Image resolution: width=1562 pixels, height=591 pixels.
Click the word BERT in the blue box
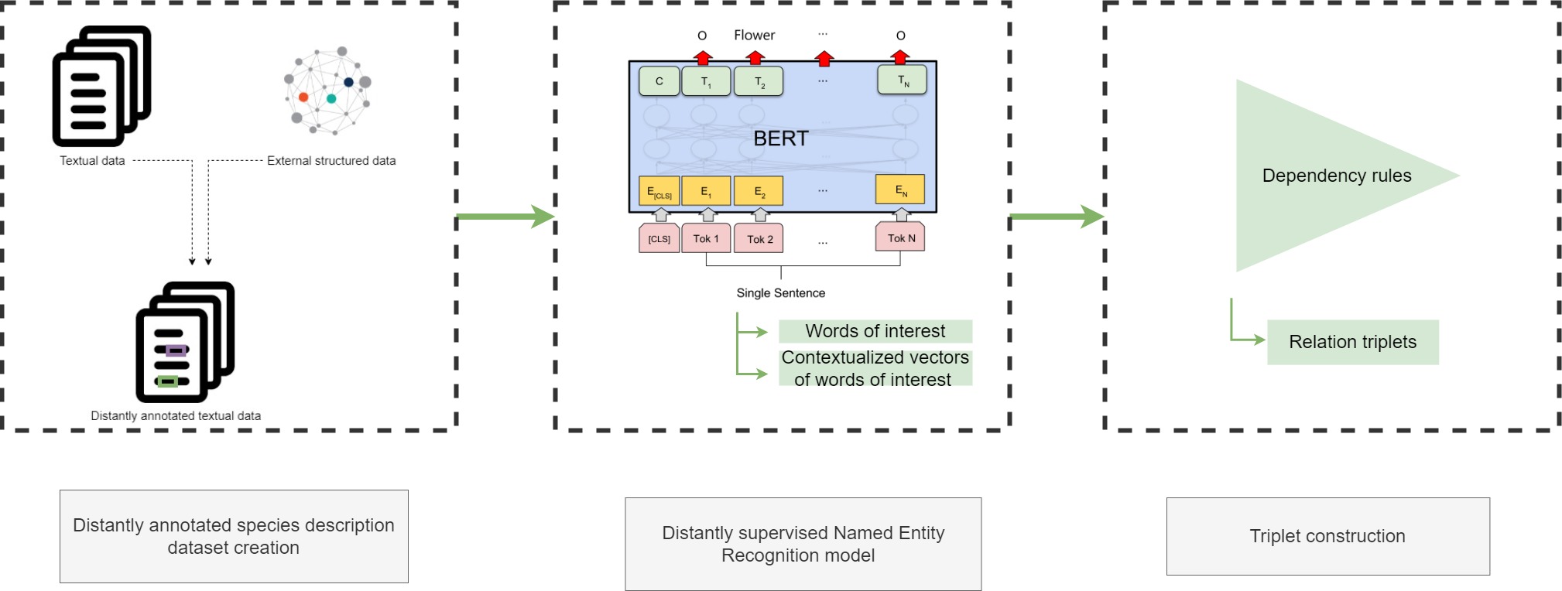point(780,138)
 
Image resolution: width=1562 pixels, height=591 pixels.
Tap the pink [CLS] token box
point(659,238)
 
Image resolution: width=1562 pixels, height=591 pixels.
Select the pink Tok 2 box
point(759,238)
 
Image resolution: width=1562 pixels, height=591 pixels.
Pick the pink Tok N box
point(900,237)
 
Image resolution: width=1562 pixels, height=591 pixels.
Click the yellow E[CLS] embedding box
point(659,191)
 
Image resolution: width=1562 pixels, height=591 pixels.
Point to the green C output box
point(659,80)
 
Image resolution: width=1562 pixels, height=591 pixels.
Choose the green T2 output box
point(759,81)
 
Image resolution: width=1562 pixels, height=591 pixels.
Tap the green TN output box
point(902,80)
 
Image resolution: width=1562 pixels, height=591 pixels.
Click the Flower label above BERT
point(754,35)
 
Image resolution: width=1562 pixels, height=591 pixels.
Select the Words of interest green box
point(875,331)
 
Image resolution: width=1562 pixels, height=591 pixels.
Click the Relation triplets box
point(1352,342)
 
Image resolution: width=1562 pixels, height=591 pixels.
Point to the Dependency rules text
point(1336,176)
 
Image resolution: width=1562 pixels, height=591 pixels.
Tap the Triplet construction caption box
point(1327,536)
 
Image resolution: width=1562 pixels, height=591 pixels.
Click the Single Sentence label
point(780,292)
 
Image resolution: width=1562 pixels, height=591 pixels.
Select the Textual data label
point(92,161)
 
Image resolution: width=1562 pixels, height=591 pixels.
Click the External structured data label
point(331,161)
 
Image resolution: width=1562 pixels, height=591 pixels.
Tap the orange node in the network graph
point(303,97)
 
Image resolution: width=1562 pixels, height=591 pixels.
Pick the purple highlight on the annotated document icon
point(176,350)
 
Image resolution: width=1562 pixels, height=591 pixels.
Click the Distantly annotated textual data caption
point(176,415)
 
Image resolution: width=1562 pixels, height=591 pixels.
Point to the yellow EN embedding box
point(900,190)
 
